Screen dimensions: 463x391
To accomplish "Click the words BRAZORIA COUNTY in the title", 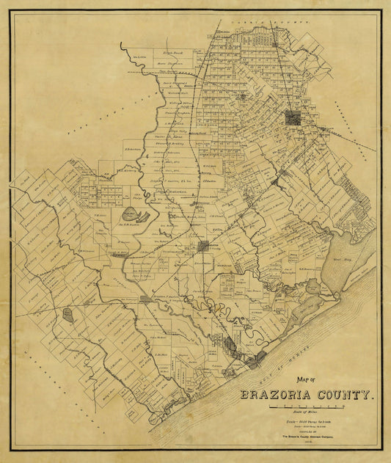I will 307,394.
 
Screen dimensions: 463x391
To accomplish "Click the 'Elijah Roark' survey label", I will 172,52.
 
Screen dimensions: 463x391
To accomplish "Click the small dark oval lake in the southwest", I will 68,316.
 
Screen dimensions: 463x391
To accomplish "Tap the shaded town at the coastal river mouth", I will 256,360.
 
